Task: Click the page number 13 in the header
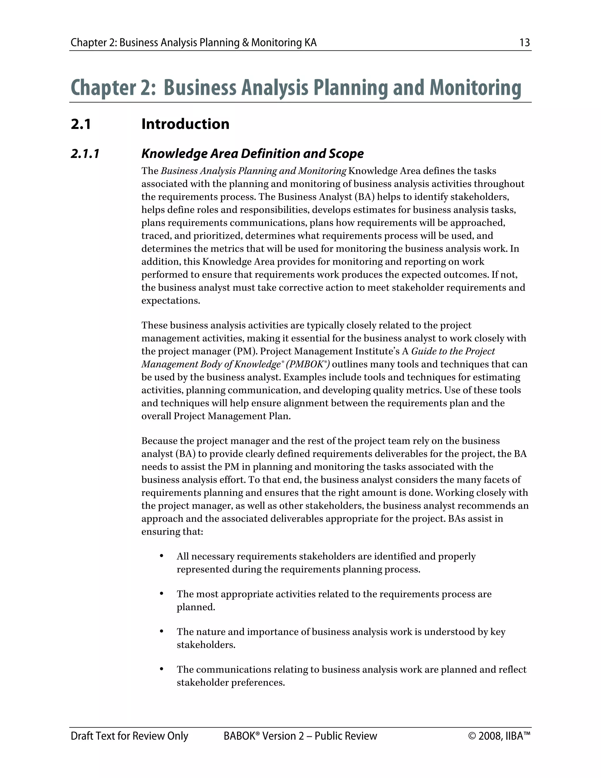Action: coord(524,43)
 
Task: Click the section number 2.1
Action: coord(81,124)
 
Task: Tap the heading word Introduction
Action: coord(185,124)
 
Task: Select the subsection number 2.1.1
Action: coord(85,154)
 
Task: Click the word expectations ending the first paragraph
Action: coord(170,301)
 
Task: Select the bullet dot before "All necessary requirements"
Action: coord(162,556)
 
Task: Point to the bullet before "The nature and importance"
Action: coord(162,632)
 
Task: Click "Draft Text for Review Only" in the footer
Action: coord(129,736)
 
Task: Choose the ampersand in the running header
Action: coord(245,43)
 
